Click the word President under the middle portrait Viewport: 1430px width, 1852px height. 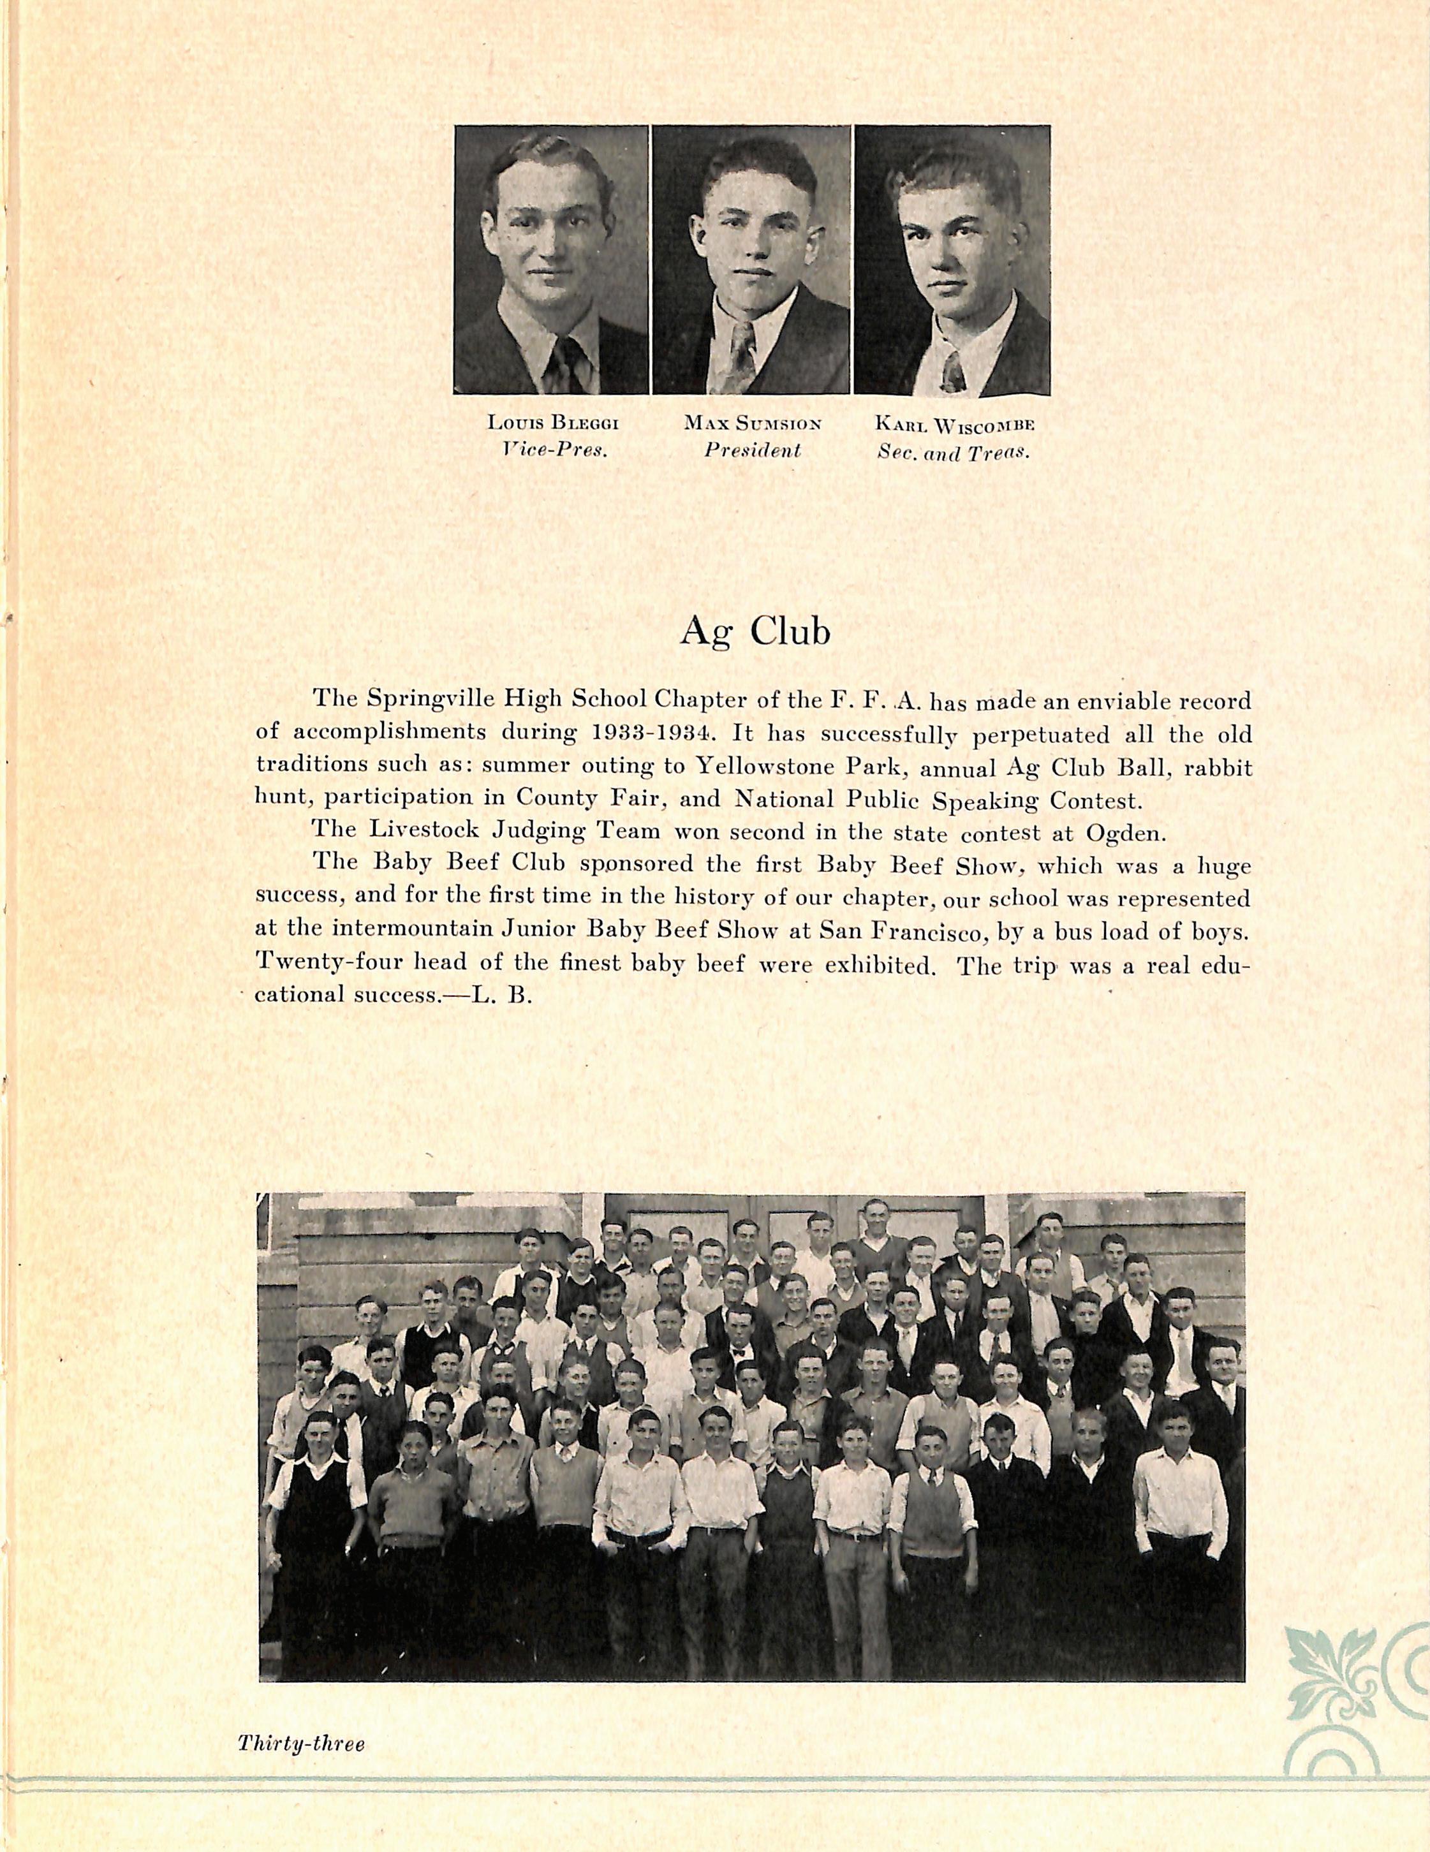tap(753, 450)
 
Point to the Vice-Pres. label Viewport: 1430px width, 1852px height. tap(556, 450)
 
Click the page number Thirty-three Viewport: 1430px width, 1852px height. tap(301, 1737)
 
